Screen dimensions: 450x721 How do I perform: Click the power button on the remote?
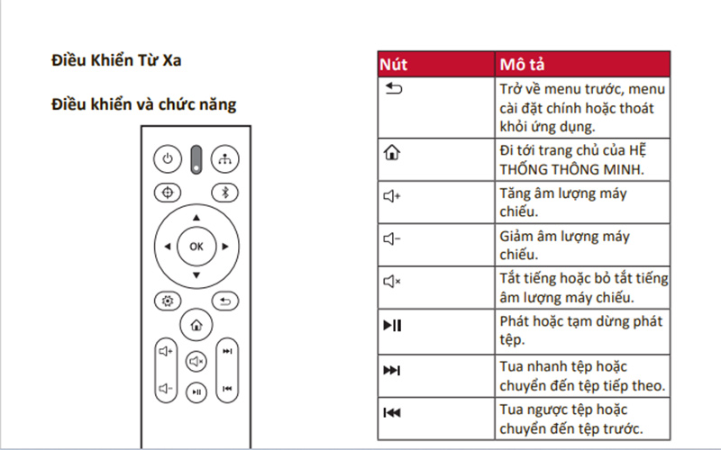pyautogui.click(x=166, y=159)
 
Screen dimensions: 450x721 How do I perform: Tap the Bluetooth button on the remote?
pyautogui.click(x=225, y=192)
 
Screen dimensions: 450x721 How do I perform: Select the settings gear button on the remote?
pyautogui.click(x=166, y=301)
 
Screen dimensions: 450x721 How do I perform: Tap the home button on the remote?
pyautogui.click(x=196, y=325)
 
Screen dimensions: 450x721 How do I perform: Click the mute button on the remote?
pyautogui.click(x=196, y=361)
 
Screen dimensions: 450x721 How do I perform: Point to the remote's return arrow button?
pyautogui.click(x=225, y=301)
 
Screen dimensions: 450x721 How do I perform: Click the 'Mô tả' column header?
pyautogui.click(x=521, y=65)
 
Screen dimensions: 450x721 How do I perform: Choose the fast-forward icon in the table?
pyautogui.click(x=391, y=370)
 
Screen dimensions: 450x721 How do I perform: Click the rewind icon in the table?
pyautogui.click(x=391, y=413)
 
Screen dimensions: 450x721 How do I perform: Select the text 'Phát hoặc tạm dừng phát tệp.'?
pyautogui.click(x=581, y=330)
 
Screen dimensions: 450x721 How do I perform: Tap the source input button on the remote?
pyautogui.click(x=225, y=159)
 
